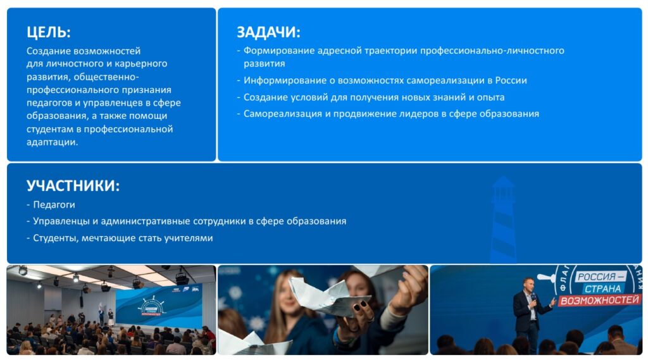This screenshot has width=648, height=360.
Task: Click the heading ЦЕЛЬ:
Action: pyautogui.click(x=48, y=32)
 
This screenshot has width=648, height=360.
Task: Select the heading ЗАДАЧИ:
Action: pyautogui.click(x=268, y=32)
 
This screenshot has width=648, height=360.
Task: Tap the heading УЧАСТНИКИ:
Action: pyautogui.click(x=73, y=185)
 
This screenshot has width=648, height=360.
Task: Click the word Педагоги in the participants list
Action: pyautogui.click(x=54, y=204)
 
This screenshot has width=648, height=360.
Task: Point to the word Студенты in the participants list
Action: pyautogui.click(x=55, y=238)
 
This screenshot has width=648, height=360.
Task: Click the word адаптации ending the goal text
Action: pyautogui.click(x=52, y=142)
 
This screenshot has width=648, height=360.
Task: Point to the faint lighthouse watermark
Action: pyautogui.click(x=503, y=219)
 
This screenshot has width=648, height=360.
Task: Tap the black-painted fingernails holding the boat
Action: pyautogui.click(x=359, y=306)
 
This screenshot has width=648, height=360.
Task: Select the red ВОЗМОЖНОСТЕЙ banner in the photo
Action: pyautogui.click(x=600, y=300)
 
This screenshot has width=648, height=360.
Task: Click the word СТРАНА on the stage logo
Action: pyautogui.click(x=603, y=288)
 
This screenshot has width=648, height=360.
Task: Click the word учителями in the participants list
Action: pyautogui.click(x=189, y=238)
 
